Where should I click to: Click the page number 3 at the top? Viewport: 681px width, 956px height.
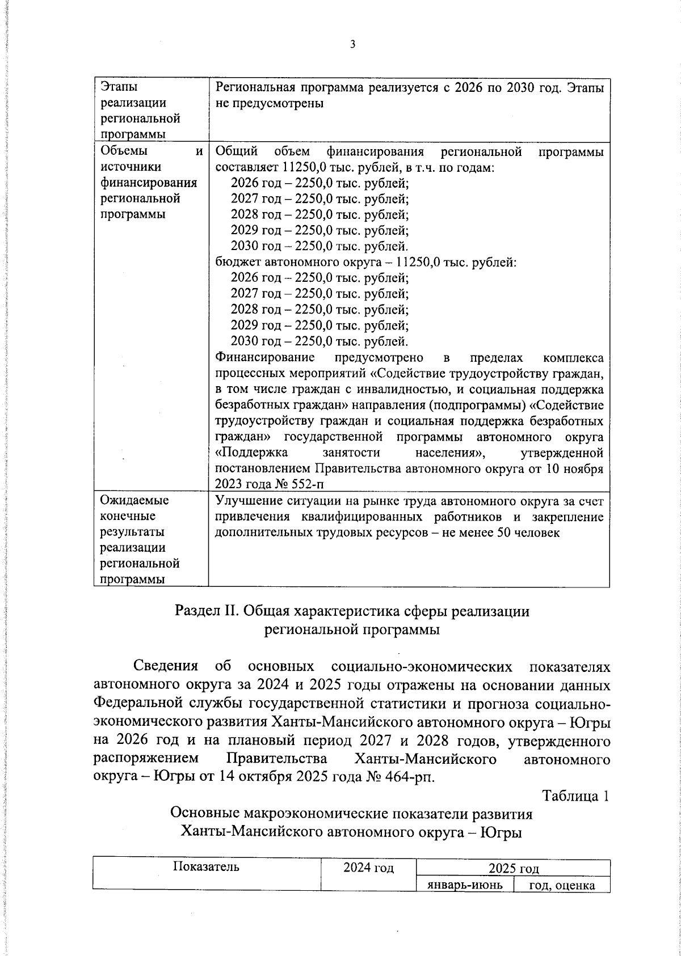[x=352, y=44]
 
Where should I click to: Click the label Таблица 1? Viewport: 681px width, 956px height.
[x=576, y=796]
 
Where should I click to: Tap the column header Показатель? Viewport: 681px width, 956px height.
[x=206, y=867]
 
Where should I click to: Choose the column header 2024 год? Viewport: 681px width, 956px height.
[x=368, y=868]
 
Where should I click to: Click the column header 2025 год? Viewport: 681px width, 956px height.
[x=513, y=868]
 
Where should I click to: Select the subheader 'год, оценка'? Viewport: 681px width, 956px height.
[x=561, y=885]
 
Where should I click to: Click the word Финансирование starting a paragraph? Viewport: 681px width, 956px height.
[x=265, y=358]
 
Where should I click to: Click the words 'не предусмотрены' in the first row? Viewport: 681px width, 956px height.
[x=270, y=104]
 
